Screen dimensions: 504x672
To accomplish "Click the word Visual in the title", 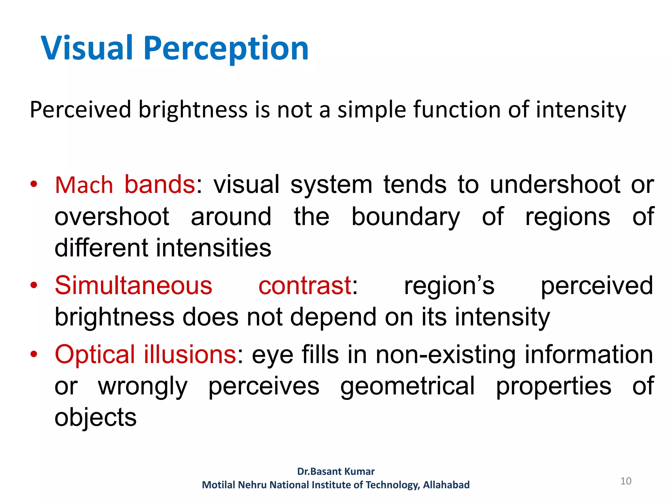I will click(x=87, y=49).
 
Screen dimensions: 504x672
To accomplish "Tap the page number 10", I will click(x=626, y=481).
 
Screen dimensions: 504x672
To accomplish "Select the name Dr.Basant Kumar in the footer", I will click(x=336, y=472).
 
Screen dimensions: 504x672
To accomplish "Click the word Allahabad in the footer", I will click(x=446, y=485).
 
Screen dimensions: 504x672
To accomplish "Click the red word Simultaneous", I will click(x=134, y=285).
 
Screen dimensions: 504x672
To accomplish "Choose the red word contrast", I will click(x=305, y=285).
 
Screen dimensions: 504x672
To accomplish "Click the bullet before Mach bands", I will click(x=34, y=184).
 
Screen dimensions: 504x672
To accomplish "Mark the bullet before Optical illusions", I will click(x=34, y=354).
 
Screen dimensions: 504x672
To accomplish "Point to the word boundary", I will click(x=406, y=217).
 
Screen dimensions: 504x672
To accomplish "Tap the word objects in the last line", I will click(x=95, y=417).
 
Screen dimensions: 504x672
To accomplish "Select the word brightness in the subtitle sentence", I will click(x=193, y=110).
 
